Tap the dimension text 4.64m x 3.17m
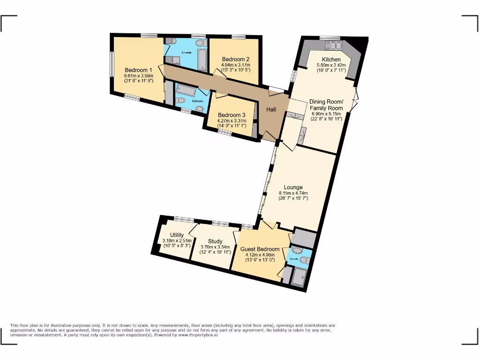235,65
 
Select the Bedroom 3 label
232,115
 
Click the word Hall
271,110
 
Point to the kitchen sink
336,45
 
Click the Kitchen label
331,59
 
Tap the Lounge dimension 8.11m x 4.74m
293,193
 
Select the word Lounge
293,187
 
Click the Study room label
215,241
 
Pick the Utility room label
177,235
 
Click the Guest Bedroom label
260,249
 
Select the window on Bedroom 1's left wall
112,63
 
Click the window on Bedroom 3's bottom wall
225,133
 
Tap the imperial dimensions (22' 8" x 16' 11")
326,119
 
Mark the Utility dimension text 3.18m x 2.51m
177,241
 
